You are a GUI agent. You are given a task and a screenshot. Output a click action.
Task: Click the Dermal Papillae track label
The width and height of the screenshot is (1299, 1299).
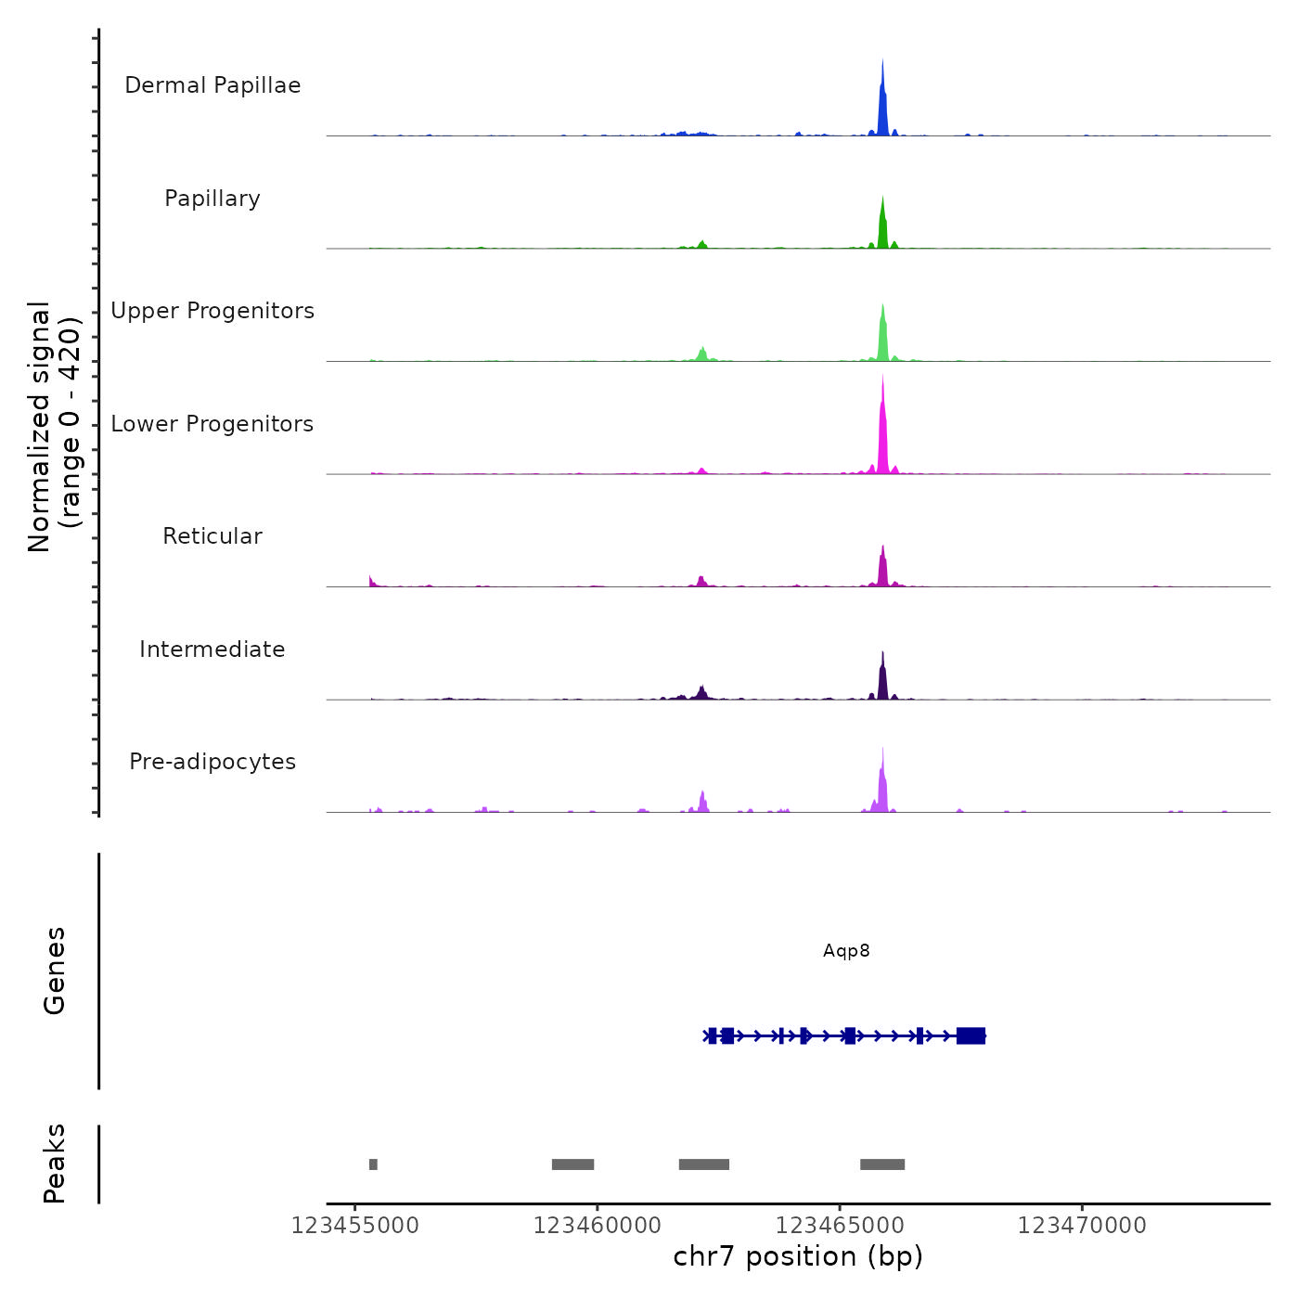coord(212,85)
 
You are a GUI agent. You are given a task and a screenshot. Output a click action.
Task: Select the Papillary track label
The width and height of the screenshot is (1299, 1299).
coord(212,199)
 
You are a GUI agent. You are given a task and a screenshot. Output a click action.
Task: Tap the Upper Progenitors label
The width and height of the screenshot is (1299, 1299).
coord(212,311)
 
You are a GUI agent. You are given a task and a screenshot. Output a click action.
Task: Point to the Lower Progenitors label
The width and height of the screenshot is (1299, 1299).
coord(212,424)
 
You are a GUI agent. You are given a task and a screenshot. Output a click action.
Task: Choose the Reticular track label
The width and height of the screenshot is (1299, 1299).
coord(212,536)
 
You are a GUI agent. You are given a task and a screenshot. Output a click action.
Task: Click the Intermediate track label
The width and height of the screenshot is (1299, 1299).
coord(212,649)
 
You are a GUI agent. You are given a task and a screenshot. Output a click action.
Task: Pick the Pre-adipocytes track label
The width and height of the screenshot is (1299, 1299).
coord(212,762)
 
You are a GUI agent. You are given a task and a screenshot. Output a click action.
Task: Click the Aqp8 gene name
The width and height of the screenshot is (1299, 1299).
coord(846,951)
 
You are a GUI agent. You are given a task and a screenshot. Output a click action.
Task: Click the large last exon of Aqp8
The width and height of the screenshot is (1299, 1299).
coord(971,1035)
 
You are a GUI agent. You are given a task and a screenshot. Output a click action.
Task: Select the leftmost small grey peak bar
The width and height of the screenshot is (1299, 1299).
coord(373,1164)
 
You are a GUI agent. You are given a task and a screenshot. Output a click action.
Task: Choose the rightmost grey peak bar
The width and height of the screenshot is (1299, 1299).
coord(882,1164)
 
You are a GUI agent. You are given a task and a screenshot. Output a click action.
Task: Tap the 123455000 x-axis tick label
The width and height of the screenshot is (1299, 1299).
coord(354,1226)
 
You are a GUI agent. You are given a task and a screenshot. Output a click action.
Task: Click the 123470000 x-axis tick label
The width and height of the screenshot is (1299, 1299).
coord(1082,1226)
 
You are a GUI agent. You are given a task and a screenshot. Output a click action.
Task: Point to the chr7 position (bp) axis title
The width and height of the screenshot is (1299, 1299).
coord(798,1256)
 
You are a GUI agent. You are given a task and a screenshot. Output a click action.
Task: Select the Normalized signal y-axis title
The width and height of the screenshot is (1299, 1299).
coord(54,427)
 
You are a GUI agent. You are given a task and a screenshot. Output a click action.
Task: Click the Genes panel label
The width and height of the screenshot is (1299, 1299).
coord(55,971)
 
